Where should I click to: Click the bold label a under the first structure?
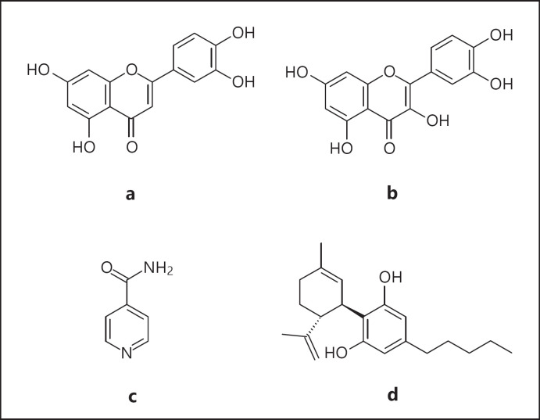click(130, 193)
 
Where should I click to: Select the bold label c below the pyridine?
click(133, 396)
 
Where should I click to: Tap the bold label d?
click(394, 396)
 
